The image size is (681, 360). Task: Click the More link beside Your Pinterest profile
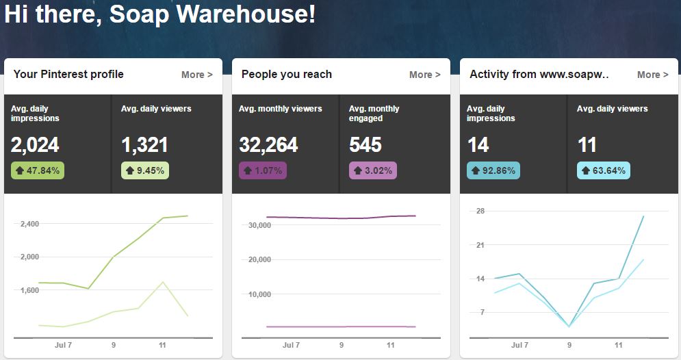pyautogui.click(x=196, y=75)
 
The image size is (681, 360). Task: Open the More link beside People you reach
pyautogui.click(x=424, y=75)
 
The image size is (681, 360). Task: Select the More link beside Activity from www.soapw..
pyautogui.click(x=652, y=75)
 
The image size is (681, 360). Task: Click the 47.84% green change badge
pyautogui.click(x=38, y=170)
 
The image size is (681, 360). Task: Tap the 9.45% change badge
pyautogui.click(x=145, y=170)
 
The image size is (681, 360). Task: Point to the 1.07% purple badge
pyautogui.click(x=263, y=170)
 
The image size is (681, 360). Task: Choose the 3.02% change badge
pyautogui.click(x=373, y=170)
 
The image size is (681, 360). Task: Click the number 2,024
pyautogui.click(x=35, y=145)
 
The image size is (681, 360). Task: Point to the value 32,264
pyautogui.click(x=268, y=145)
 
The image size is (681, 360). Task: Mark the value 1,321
pyautogui.click(x=144, y=145)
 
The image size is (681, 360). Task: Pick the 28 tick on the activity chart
pyautogui.click(x=480, y=211)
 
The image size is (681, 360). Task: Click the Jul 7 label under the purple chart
pyautogui.click(x=292, y=346)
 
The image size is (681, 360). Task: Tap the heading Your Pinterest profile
pyautogui.click(x=68, y=74)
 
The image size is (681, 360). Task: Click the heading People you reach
pyautogui.click(x=286, y=74)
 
